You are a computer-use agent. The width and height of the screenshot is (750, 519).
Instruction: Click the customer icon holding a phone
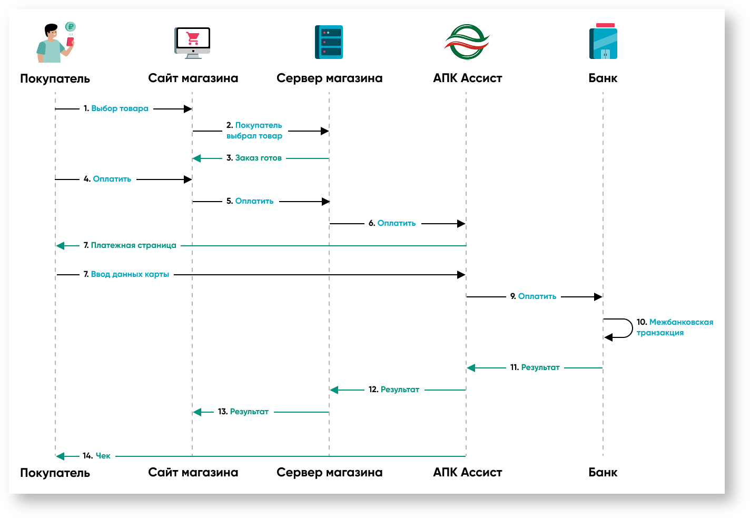[x=55, y=43]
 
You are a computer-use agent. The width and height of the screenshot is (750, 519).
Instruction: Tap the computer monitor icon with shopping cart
[x=192, y=42]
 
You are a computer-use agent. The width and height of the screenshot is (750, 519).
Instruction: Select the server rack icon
[x=329, y=42]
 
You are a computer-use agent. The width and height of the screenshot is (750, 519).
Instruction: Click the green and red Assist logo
[x=467, y=42]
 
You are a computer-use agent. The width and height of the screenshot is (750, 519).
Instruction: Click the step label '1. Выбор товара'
[x=116, y=108]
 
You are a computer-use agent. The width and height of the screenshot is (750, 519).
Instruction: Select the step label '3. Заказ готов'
[x=254, y=158]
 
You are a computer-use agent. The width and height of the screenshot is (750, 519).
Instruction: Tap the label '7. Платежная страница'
[x=130, y=245]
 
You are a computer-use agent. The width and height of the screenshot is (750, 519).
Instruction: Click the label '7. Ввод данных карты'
[x=126, y=274]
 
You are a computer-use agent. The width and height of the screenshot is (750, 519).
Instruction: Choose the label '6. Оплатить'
[x=392, y=223]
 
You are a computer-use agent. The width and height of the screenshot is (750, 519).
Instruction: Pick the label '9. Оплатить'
[x=533, y=296]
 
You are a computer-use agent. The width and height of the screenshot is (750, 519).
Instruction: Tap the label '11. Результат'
[x=535, y=367]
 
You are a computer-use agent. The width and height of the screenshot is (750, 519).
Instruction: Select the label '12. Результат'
[x=394, y=390]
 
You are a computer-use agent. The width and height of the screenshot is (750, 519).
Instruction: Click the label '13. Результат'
[x=243, y=412]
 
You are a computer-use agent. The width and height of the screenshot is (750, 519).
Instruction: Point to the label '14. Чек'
[x=96, y=456]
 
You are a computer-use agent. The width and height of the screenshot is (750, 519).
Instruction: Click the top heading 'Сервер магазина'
[x=329, y=78]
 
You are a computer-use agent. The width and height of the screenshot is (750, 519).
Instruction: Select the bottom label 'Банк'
[x=603, y=473]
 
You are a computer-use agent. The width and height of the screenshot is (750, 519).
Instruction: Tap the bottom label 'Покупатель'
[x=55, y=473]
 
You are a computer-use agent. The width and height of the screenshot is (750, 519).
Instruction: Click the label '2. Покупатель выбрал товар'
[x=254, y=131]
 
